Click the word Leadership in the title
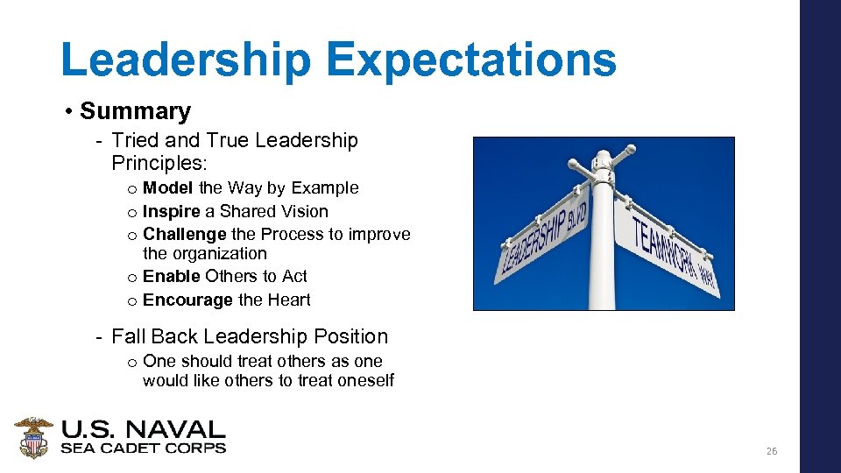[x=186, y=60]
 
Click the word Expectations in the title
[x=470, y=60]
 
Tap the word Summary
[x=135, y=111]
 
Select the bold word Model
[x=168, y=187]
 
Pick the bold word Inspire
[x=170, y=211]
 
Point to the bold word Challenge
[x=185, y=234]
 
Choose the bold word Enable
[x=171, y=276]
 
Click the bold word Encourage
[x=187, y=300]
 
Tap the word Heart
[x=287, y=300]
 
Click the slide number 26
[x=771, y=451]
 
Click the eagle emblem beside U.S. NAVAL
[x=33, y=437]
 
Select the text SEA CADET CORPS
[x=143, y=448]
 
